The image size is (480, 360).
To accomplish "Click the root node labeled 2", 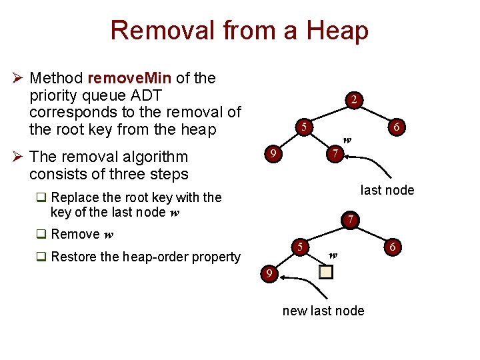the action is (x=355, y=100).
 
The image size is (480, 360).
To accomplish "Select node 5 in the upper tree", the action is (x=303, y=127).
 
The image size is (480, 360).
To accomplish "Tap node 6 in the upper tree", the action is (x=396, y=127).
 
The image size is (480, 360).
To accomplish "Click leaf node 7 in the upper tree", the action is (x=336, y=155).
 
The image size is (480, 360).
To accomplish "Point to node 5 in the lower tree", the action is (x=301, y=247).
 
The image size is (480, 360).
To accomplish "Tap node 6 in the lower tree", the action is (x=393, y=247).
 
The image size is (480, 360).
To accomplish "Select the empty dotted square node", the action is (x=325, y=271).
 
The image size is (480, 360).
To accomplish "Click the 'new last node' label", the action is (x=323, y=311).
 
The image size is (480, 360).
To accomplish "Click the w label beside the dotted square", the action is (x=333, y=254).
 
